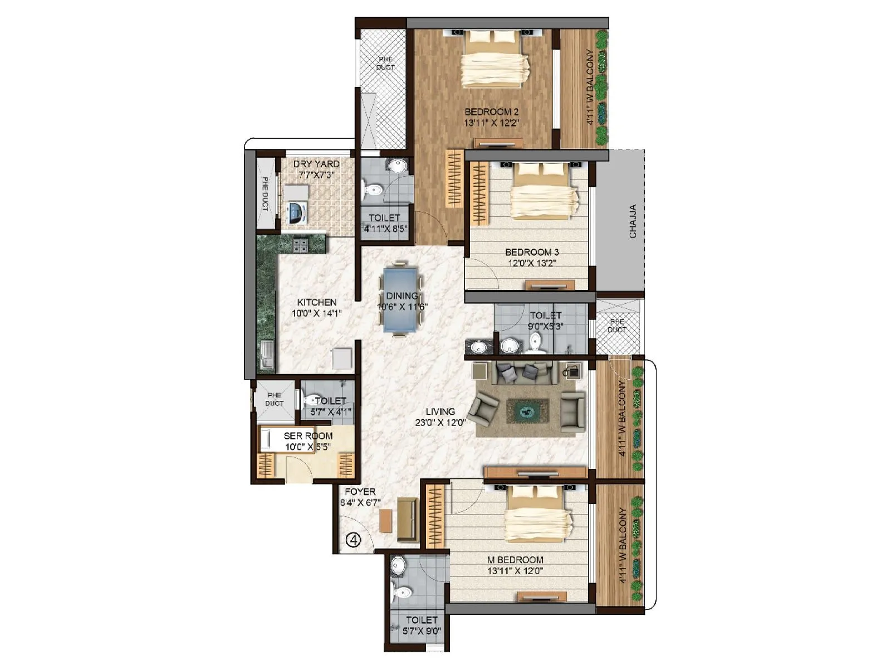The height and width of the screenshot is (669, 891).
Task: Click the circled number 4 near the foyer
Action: pos(353,540)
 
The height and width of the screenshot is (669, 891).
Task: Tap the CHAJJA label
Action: pos(633,221)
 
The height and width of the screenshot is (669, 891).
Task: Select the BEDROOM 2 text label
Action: pos(491,112)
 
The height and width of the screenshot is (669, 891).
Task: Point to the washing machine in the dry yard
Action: pos(296,213)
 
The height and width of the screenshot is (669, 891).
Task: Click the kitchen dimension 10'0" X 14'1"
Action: pos(316,313)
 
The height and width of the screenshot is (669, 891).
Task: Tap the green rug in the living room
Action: pos(527,411)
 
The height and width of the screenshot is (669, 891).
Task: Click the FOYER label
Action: pos(360,492)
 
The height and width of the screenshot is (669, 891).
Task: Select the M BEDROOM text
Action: pos(515,560)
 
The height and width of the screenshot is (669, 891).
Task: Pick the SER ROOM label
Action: pos(308,436)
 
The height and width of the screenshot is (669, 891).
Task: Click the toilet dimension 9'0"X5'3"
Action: pos(545,326)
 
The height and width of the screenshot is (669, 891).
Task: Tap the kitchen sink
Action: pos(267,355)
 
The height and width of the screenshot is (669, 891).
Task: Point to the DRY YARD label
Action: pos(316,164)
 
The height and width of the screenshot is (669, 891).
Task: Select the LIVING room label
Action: pos(440,411)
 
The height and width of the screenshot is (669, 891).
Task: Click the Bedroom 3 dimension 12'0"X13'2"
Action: pos(531,263)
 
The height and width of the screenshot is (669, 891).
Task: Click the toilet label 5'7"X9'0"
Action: pos(422,631)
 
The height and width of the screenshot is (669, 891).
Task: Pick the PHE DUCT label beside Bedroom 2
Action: pos(385,63)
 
